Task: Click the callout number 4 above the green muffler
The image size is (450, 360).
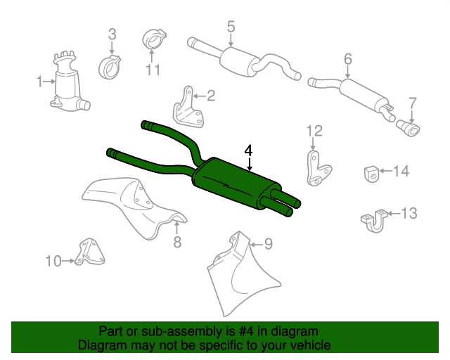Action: [248, 150]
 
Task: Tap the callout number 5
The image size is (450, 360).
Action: [231, 27]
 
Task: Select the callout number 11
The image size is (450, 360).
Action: [153, 70]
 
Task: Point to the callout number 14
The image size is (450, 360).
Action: [401, 171]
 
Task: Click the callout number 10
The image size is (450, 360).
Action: [53, 262]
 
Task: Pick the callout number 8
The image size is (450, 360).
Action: [177, 242]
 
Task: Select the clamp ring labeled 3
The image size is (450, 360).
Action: [109, 67]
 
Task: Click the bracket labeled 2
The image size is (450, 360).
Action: [188, 108]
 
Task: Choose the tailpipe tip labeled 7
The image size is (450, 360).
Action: [408, 129]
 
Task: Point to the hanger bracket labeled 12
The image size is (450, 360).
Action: [317, 168]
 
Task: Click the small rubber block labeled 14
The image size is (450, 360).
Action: [372, 174]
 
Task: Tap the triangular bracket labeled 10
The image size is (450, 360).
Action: [89, 252]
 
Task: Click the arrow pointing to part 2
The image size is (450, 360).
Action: [199, 96]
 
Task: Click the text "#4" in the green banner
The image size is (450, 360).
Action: [246, 331]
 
